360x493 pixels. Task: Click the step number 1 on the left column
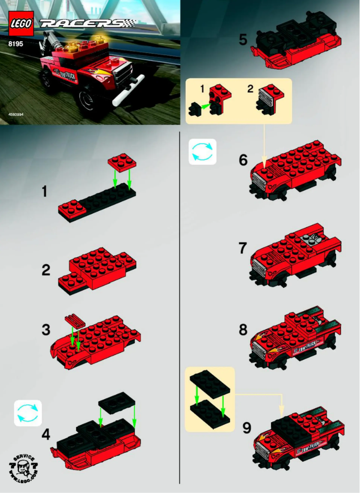44,192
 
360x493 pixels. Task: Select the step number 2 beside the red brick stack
46,271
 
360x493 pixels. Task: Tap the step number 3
46,330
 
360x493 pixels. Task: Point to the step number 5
243,40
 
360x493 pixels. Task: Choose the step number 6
243,160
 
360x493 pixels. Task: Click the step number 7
243,248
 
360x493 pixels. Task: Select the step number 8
243,330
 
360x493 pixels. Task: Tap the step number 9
246,428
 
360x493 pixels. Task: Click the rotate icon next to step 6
202,152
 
